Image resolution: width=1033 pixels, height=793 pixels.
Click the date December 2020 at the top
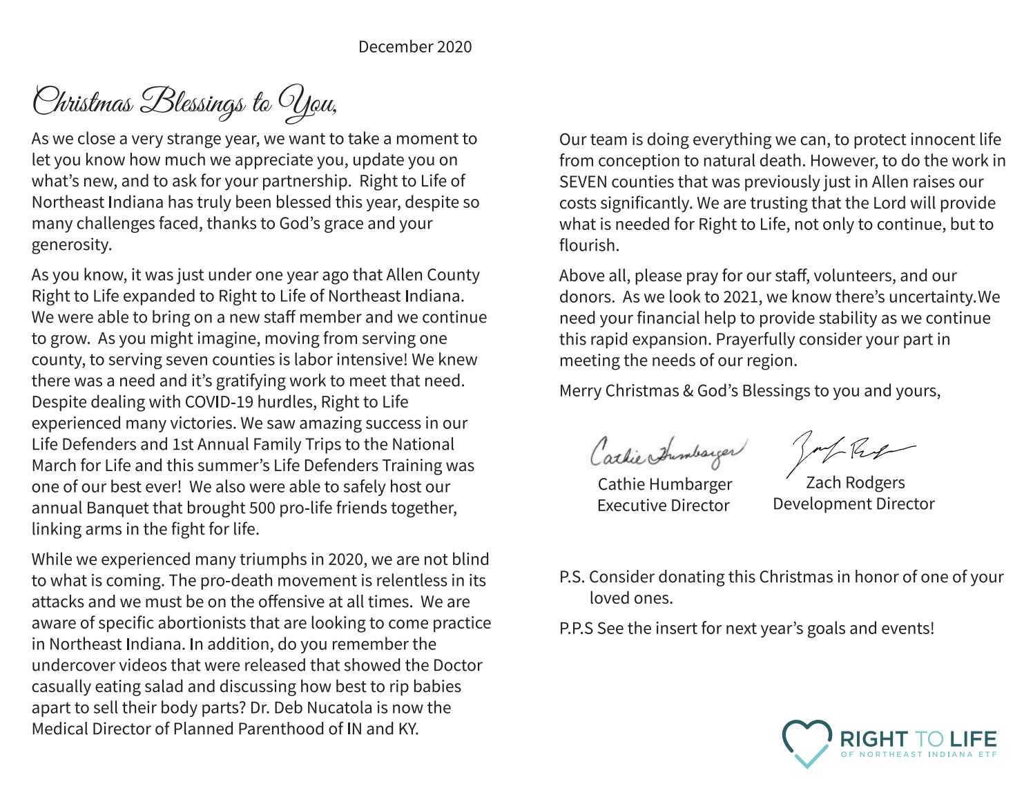415,47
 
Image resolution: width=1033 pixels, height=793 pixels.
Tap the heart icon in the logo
807,743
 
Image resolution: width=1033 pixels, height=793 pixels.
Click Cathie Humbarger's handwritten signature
667,450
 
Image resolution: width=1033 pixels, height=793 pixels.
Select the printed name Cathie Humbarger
664,484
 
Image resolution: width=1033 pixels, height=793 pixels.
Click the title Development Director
853,504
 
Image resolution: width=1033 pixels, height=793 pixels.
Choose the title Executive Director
663,506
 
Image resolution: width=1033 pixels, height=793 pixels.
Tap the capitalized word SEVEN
583,182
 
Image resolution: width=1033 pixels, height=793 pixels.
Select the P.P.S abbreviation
576,629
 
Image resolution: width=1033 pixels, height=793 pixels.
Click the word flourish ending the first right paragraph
588,246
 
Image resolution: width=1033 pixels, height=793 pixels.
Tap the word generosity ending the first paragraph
70,245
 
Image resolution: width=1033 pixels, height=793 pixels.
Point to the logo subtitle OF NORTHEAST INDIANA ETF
918,754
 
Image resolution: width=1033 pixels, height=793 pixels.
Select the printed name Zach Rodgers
855,483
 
